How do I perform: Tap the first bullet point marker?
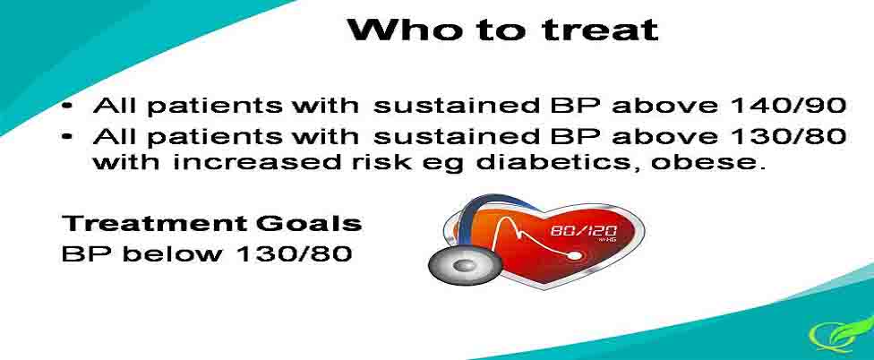[x=68, y=107]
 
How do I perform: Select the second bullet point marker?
[x=68, y=137]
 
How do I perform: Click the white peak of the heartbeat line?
[x=510, y=219]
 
